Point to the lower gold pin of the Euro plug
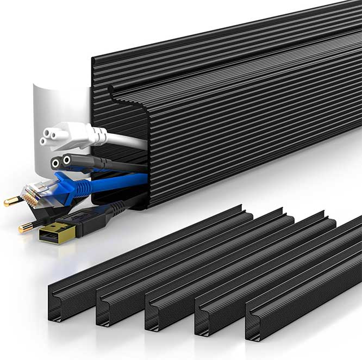click(25, 228)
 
